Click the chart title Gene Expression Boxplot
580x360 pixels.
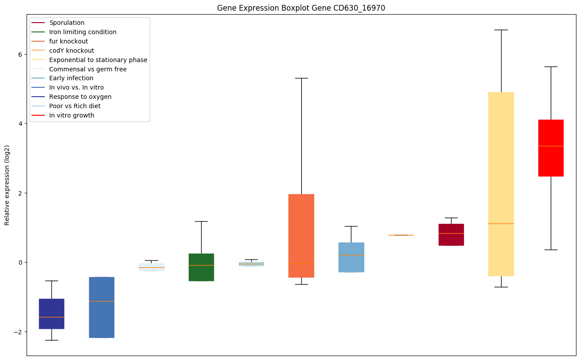[x=301, y=8]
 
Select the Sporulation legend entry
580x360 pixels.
[x=67, y=23]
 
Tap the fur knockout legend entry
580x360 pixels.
[x=69, y=41]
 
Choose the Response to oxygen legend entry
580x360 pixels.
[x=80, y=97]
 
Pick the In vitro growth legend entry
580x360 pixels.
[x=72, y=115]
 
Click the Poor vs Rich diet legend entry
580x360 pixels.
[x=75, y=106]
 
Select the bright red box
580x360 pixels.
[x=551, y=148]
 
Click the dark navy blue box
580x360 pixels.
[x=51, y=313]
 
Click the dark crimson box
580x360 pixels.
[x=451, y=235]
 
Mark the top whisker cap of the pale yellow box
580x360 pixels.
[x=501, y=30]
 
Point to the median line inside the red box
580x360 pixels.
[x=551, y=146]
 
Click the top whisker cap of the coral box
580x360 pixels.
[x=301, y=78]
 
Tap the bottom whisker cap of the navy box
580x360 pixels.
[x=51, y=340]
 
